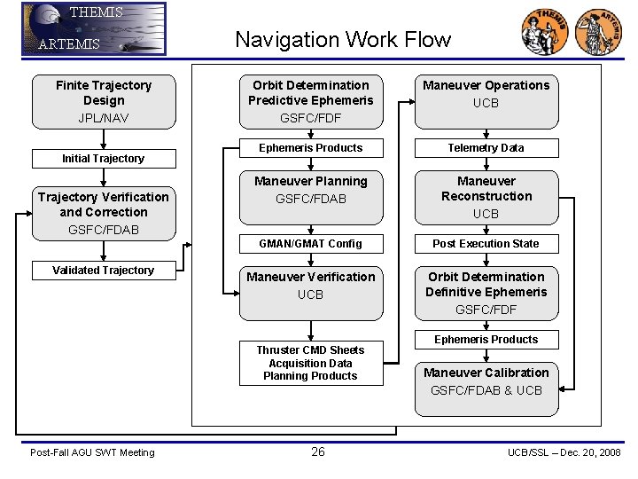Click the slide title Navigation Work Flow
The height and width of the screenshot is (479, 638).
(x=342, y=40)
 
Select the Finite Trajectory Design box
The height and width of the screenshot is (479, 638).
(x=104, y=101)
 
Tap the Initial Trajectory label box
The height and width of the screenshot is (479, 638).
(x=103, y=159)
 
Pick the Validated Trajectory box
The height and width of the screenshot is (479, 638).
(x=103, y=271)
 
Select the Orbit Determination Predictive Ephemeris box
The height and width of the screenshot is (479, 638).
(x=311, y=101)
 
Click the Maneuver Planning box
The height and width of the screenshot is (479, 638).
(x=311, y=196)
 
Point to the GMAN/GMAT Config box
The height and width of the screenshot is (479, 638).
(x=311, y=244)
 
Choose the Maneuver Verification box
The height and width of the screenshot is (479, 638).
(x=311, y=292)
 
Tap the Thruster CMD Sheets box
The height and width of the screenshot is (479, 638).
(x=311, y=363)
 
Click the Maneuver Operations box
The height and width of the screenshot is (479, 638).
(x=486, y=101)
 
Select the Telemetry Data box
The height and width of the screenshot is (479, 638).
(x=486, y=148)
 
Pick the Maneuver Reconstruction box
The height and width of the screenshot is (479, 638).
(x=486, y=196)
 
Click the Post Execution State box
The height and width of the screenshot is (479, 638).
(x=486, y=244)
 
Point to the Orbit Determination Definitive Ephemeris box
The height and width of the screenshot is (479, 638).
(x=486, y=292)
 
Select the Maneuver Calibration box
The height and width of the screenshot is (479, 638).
(x=486, y=389)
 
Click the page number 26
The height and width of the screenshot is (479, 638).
(x=318, y=452)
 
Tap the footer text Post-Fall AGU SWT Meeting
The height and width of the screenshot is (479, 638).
(x=92, y=453)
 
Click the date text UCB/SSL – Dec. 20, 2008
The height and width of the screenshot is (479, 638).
(x=564, y=453)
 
